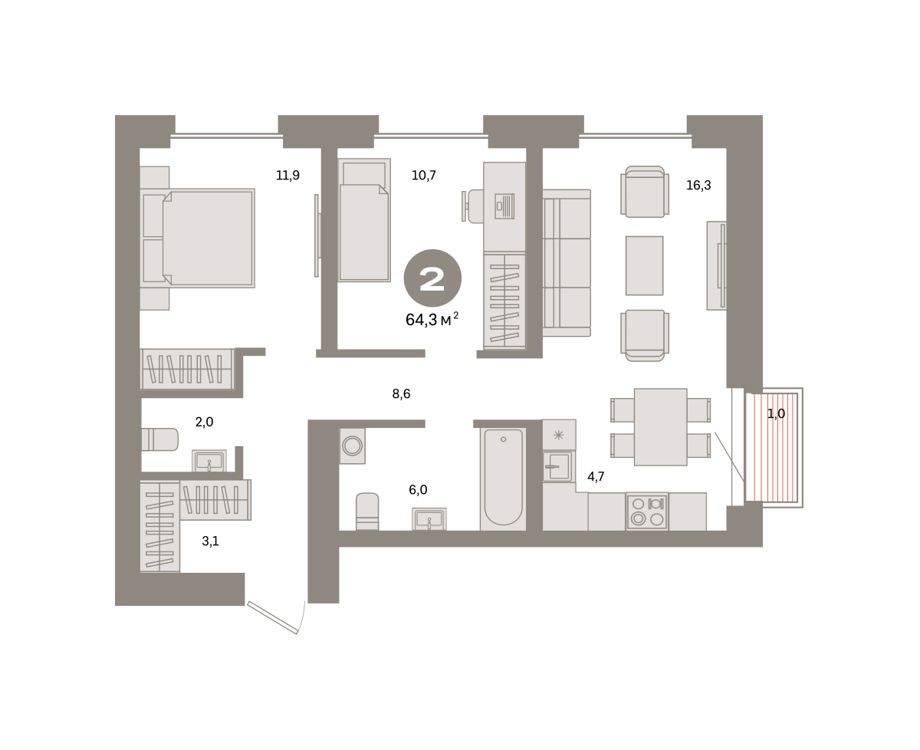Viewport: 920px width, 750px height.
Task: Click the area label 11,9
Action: point(287,176)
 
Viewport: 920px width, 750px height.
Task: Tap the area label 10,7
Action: point(424,176)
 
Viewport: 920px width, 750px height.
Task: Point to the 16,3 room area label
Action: point(698,186)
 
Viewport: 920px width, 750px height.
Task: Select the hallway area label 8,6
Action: point(401,394)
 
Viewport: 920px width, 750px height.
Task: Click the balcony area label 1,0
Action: point(776,414)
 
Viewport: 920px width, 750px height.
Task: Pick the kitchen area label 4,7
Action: point(596,476)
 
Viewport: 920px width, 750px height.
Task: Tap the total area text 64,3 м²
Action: point(432,320)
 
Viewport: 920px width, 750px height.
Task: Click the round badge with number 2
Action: point(432,278)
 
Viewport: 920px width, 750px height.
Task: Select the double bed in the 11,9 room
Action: point(197,238)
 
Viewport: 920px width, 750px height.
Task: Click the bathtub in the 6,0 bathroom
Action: point(503,479)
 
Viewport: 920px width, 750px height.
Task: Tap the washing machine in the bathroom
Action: point(352,446)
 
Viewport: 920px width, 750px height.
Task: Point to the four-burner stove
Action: point(647,511)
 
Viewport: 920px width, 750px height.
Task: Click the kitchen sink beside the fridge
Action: point(559,466)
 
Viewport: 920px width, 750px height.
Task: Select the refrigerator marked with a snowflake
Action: point(559,435)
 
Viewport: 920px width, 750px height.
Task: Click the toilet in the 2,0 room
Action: point(159,439)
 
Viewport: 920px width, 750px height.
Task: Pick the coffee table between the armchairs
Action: point(644,265)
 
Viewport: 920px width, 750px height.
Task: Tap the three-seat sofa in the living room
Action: point(567,263)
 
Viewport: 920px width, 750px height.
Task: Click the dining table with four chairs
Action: point(660,427)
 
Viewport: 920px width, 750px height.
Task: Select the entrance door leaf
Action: point(272,618)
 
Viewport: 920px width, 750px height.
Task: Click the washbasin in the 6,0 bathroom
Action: point(429,518)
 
